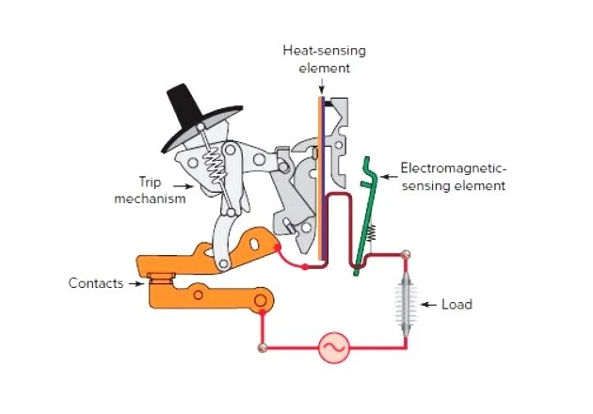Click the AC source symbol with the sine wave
click(x=333, y=347)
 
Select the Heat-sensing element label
click(x=316, y=58)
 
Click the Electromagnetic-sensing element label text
click(x=454, y=177)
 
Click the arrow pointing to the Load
click(x=428, y=305)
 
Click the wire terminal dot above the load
click(x=407, y=255)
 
